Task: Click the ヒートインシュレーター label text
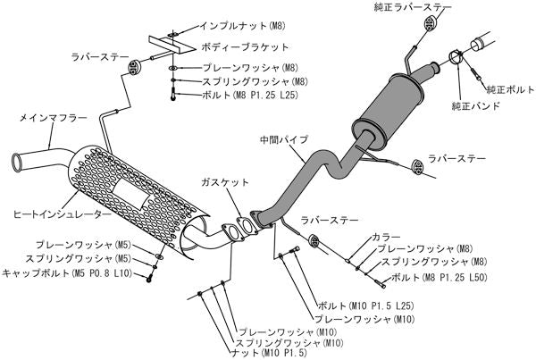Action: pyautogui.click(x=51, y=215)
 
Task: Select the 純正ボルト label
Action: pyautogui.click(x=507, y=90)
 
